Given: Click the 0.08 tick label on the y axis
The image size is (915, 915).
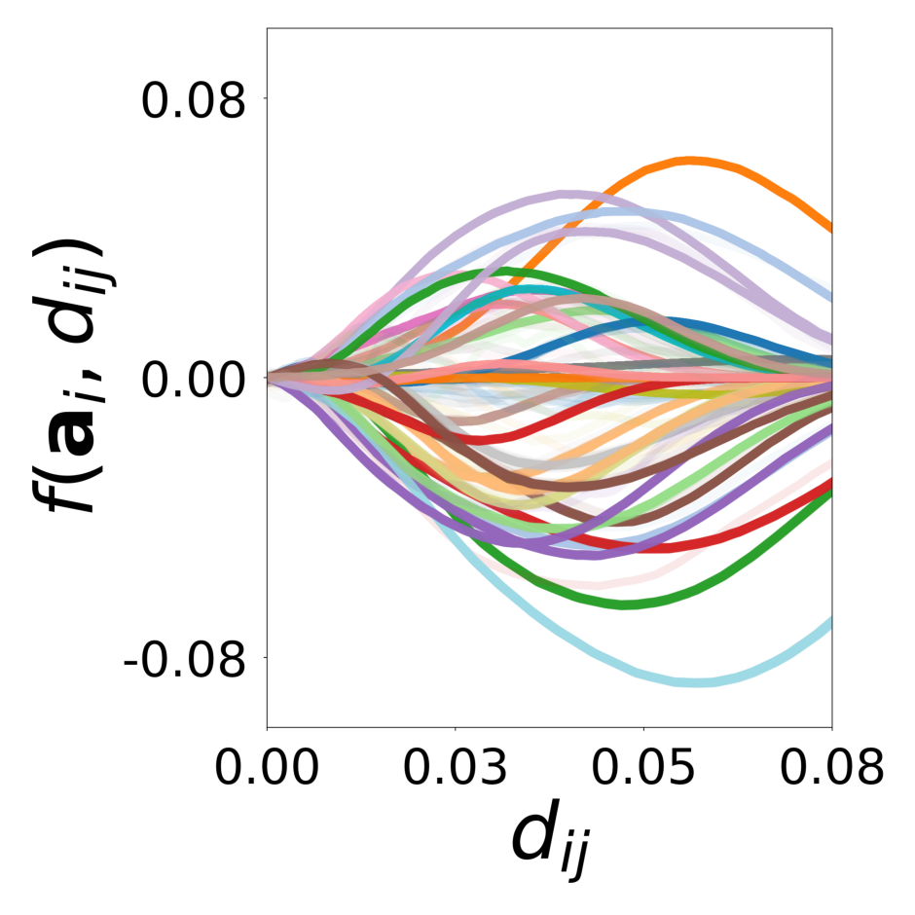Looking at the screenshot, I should point(193,99).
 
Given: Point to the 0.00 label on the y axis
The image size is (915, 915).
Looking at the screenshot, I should point(193,378).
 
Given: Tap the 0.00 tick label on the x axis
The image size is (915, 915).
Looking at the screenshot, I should point(267,768).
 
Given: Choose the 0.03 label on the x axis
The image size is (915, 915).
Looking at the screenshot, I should point(456,768).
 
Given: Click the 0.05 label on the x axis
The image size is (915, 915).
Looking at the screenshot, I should point(643,768).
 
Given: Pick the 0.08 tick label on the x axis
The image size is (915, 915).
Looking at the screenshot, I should point(830,768).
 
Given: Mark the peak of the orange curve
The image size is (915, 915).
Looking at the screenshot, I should point(691,160).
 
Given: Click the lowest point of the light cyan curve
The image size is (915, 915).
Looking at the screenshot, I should point(697,681).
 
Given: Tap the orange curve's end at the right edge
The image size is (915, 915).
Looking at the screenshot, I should point(830,230).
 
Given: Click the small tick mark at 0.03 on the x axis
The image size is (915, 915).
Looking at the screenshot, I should point(456,731).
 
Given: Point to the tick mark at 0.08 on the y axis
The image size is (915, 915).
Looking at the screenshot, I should point(262,99).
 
